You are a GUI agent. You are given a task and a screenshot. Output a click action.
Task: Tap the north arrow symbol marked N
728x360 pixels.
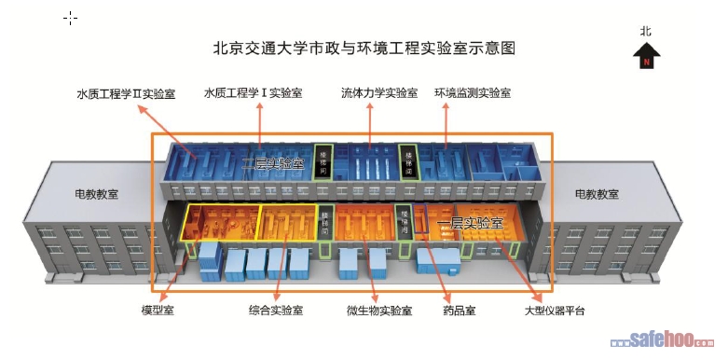[646, 58]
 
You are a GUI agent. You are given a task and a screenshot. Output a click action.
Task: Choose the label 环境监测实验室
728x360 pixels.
[473, 93]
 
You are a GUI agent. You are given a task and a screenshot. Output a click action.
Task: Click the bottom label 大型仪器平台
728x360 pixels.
[556, 310]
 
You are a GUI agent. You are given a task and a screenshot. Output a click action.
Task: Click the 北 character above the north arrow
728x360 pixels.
[646, 31]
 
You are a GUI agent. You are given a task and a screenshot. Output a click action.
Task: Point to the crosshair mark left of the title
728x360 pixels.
[71, 18]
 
